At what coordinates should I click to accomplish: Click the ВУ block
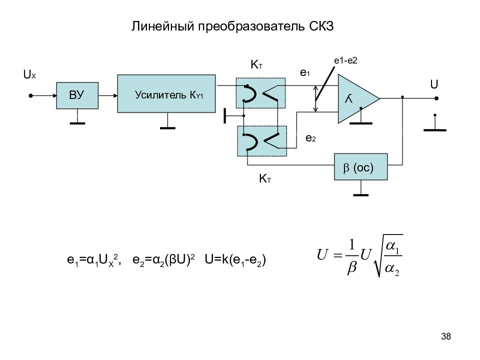click(x=77, y=95)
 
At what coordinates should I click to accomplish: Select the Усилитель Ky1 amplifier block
click(x=166, y=93)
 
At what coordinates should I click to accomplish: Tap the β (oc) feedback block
click(x=360, y=167)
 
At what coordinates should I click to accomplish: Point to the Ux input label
click(x=29, y=74)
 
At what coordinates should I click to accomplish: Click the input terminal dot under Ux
click(x=30, y=96)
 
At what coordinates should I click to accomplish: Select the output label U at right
click(x=434, y=84)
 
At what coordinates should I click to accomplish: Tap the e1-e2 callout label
click(x=345, y=60)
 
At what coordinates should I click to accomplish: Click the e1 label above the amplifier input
click(x=305, y=73)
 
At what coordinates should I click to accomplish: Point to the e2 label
click(x=310, y=138)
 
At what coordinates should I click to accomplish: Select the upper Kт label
click(x=256, y=65)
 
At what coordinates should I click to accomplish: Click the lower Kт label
click(x=265, y=178)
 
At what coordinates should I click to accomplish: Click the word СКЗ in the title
click(x=321, y=26)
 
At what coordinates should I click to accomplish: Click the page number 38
click(x=446, y=336)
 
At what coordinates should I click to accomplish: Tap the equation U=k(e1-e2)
click(x=235, y=260)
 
